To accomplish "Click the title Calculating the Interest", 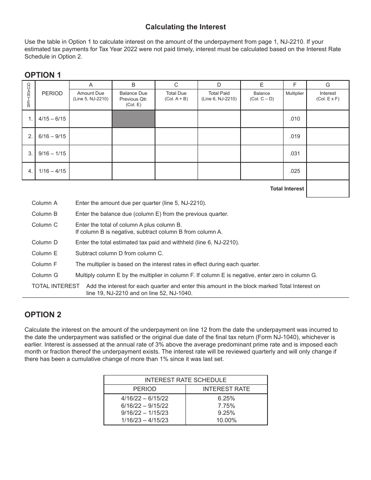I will [185, 27].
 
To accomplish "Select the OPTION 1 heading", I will [43, 75].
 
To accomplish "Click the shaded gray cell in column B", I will [134, 119].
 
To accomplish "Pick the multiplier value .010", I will [295, 119].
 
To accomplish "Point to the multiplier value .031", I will [295, 153].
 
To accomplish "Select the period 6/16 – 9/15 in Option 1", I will [52, 136].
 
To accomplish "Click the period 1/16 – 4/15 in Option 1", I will [52, 171].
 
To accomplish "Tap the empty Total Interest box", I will [328, 188].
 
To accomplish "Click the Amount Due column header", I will [91, 96].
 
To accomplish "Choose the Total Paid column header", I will [219, 96].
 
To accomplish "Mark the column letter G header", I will [328, 85].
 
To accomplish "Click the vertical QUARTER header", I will [29, 95].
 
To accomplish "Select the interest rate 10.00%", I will [227, 420].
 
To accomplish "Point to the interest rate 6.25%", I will [227, 398].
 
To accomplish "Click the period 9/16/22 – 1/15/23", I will [144, 413].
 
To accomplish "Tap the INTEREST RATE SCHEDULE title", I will [185, 380].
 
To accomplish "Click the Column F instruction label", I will [45, 264].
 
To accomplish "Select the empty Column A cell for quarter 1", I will [91, 119].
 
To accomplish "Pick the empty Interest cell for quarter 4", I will [328, 171].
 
